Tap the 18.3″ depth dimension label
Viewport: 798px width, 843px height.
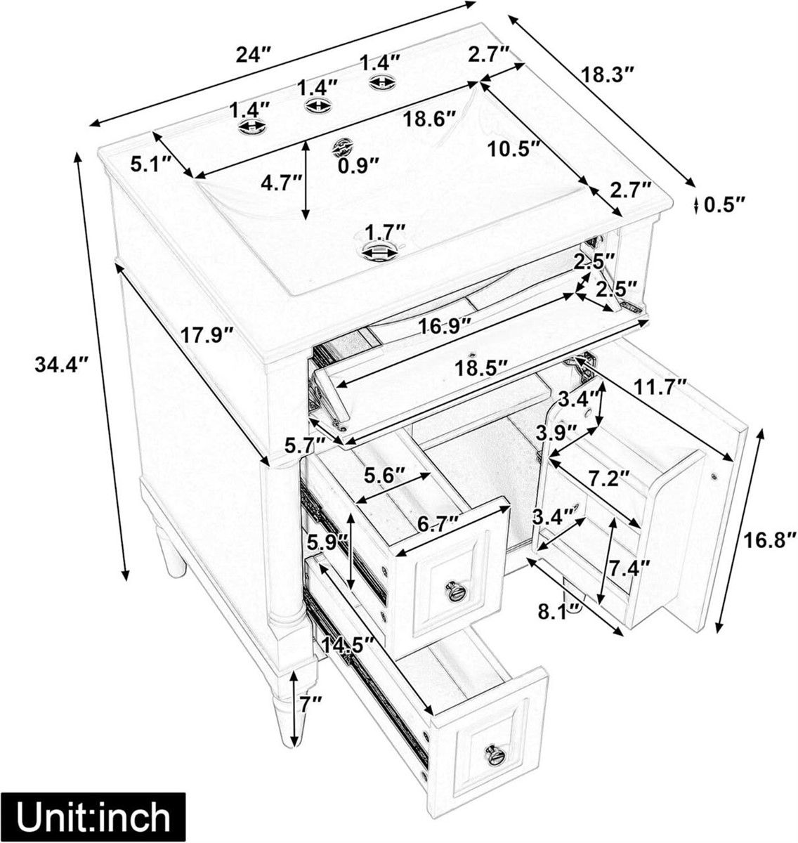608,73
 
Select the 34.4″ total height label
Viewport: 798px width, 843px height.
61,365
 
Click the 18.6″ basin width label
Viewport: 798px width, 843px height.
429,119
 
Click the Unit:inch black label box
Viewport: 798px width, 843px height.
93,817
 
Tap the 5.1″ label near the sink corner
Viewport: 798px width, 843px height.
151,164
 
